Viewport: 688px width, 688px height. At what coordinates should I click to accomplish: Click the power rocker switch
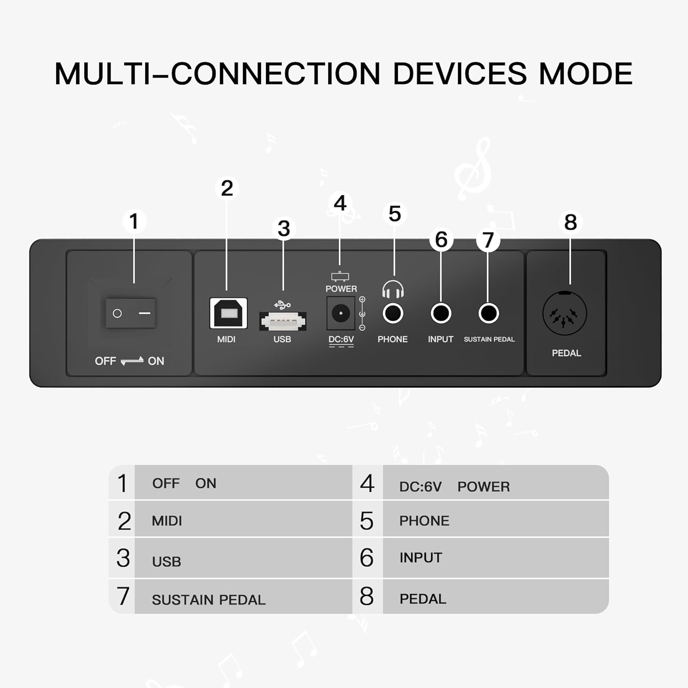131,313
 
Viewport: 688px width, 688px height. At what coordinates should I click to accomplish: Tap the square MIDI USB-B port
228,313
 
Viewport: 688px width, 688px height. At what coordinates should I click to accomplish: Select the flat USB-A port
283,321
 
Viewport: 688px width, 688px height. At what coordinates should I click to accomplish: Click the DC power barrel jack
341,313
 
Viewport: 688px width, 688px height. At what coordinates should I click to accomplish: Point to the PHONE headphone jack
393,314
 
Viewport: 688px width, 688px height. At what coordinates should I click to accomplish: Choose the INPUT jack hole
441,314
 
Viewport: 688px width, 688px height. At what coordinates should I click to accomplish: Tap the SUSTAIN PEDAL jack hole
488,314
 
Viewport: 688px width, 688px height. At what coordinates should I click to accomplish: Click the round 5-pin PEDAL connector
565,314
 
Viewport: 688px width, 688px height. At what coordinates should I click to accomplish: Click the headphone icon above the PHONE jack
393,289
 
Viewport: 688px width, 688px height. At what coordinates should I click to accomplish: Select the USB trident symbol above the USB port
282,305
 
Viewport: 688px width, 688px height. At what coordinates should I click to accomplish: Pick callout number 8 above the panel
571,222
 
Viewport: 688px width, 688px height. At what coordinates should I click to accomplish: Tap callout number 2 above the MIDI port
227,188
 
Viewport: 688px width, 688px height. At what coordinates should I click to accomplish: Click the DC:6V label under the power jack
341,339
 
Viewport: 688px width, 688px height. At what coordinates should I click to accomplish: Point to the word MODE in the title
586,73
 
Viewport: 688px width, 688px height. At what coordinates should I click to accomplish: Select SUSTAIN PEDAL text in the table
209,600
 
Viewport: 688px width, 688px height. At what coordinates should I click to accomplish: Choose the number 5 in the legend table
367,521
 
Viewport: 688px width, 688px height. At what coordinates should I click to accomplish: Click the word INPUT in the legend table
421,558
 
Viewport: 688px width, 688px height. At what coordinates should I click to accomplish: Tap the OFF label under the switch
105,361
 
